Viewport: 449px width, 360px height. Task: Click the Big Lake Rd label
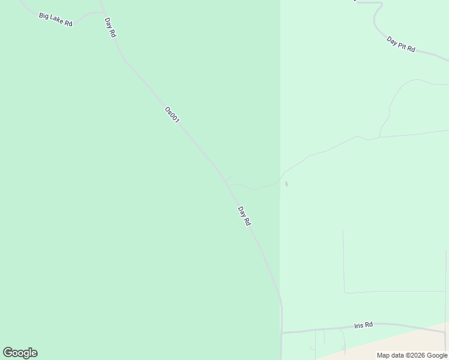(x=55, y=19)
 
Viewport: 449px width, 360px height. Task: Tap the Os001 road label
(x=172, y=115)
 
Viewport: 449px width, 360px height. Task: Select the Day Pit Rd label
(x=401, y=44)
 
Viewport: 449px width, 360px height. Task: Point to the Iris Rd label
(x=363, y=325)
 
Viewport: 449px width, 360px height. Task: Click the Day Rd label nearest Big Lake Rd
(x=110, y=28)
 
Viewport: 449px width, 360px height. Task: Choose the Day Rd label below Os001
(x=244, y=216)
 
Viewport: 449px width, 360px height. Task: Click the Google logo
(x=20, y=353)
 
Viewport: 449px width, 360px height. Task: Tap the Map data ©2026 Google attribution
(x=412, y=355)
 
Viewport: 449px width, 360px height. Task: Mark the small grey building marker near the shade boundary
(x=286, y=184)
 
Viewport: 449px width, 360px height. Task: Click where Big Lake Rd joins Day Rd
(x=103, y=12)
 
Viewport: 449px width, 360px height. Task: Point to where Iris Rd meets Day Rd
(x=282, y=332)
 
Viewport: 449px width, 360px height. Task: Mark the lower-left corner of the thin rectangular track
(x=344, y=293)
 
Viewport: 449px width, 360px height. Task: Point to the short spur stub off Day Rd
(x=229, y=178)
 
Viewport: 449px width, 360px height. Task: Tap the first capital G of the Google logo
(x=8, y=353)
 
